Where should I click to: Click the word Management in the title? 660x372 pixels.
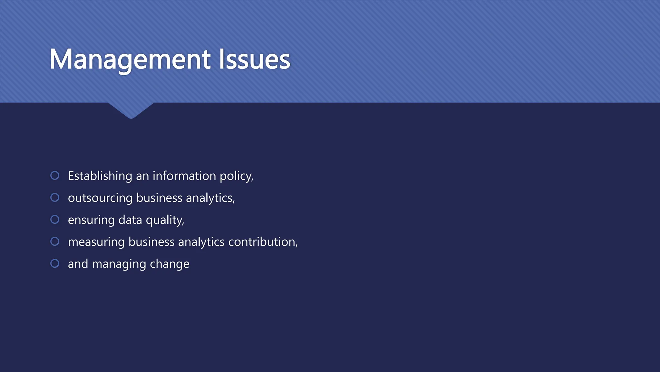point(130,59)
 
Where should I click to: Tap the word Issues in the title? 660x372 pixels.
point(254,59)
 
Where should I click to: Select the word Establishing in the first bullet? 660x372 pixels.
point(100,176)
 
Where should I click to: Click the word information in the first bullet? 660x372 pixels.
point(184,176)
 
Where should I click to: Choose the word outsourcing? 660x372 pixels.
point(100,198)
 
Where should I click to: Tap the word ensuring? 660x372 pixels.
point(91,220)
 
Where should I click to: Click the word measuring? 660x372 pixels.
point(96,242)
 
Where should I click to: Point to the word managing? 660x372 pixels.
point(119,264)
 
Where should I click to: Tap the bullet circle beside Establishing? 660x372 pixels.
point(55,175)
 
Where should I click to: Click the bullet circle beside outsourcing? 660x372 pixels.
point(55,197)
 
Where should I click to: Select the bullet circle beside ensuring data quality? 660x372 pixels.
point(55,220)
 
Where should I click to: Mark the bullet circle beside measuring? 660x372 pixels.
point(55,242)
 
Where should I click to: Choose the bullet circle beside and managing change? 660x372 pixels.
point(55,263)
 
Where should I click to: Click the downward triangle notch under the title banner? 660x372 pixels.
point(131,110)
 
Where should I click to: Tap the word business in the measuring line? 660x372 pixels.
point(151,242)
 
